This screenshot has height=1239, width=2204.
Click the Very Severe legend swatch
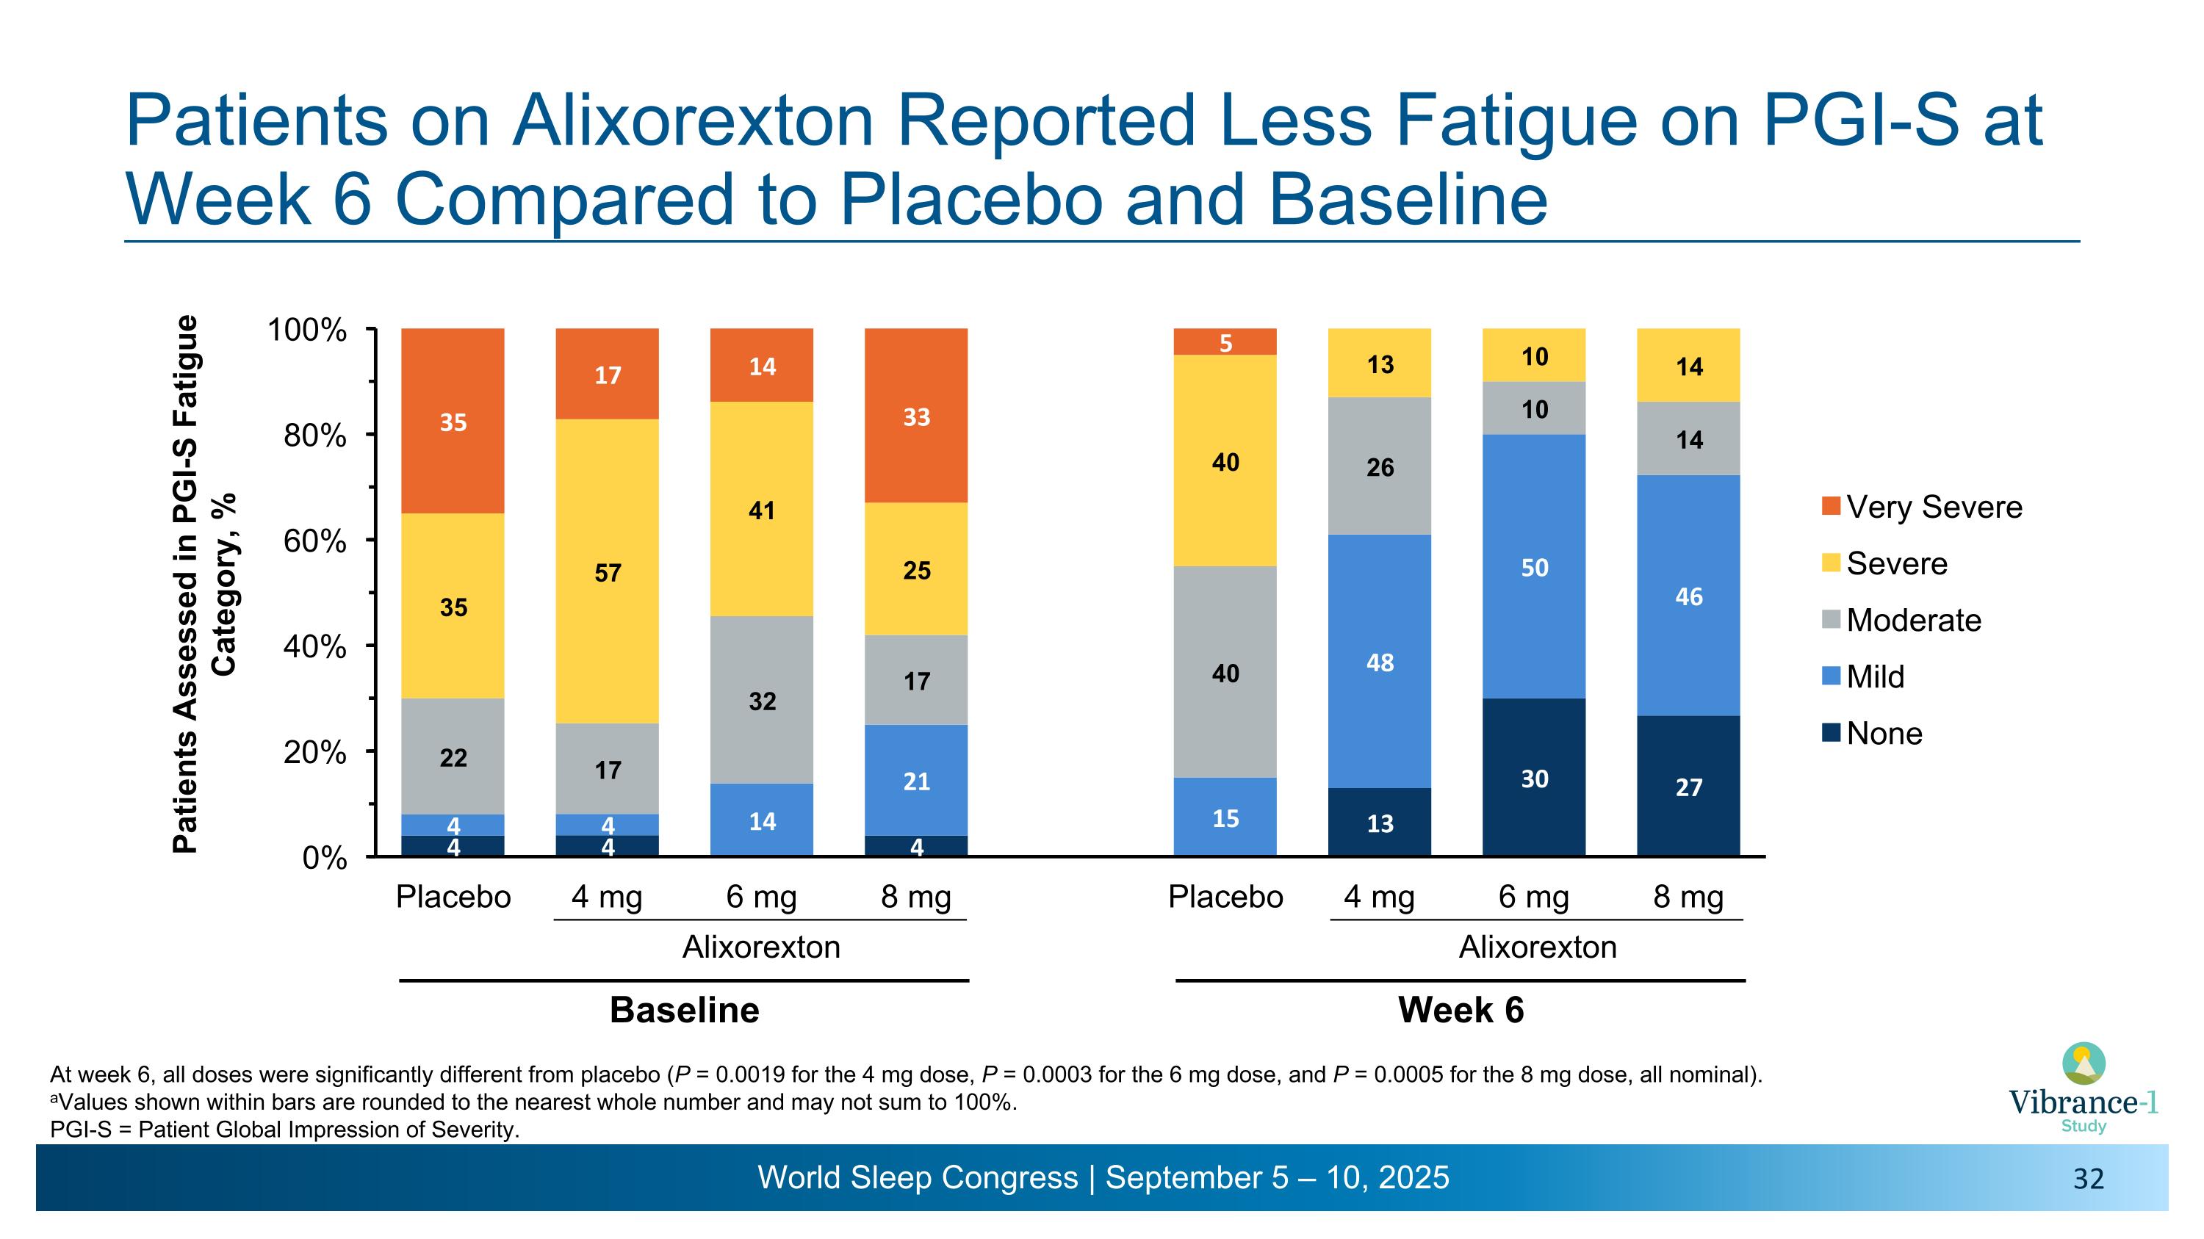coord(1831,506)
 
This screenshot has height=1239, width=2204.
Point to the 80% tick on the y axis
coord(315,436)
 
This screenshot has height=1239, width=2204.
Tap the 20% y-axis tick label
coord(315,753)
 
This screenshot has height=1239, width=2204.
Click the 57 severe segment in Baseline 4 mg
coord(608,571)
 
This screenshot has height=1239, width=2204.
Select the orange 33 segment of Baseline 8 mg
coord(916,416)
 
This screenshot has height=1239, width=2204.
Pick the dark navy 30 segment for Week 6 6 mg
coord(1534,777)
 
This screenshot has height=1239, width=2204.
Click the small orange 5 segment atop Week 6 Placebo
coord(1225,342)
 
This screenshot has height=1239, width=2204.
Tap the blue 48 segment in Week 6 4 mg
coord(1379,661)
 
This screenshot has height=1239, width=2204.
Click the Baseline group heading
coord(685,1010)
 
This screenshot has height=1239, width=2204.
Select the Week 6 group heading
coord(1461,1010)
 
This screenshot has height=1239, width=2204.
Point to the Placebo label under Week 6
coord(1225,897)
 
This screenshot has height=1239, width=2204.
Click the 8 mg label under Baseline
coord(916,897)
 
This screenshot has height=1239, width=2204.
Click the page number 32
coord(2088,1180)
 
